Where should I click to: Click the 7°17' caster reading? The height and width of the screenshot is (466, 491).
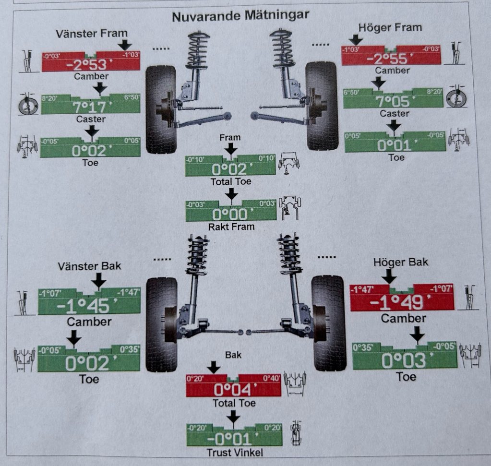[x=90, y=107]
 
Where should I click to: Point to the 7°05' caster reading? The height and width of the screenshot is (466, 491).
[x=394, y=101]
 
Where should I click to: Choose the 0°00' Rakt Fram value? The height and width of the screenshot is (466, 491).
[x=230, y=215]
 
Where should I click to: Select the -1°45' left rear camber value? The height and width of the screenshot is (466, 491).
[x=89, y=306]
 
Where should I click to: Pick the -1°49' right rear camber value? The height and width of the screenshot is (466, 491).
[x=402, y=302]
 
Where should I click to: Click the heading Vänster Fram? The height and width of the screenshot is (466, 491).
[x=91, y=34]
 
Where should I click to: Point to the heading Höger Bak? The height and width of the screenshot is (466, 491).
[x=400, y=262]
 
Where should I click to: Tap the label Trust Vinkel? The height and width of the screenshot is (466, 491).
[x=232, y=453]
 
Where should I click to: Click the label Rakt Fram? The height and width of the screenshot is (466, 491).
[x=232, y=227]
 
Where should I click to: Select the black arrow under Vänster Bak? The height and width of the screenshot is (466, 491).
[x=98, y=280]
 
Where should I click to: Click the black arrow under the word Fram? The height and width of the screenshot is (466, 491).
[x=231, y=150]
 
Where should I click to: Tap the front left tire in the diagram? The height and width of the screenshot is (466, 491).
[x=160, y=109]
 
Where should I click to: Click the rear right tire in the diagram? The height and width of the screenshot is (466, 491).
[x=328, y=323]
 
